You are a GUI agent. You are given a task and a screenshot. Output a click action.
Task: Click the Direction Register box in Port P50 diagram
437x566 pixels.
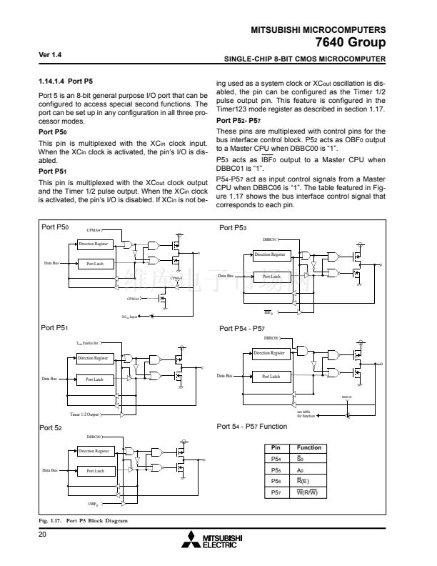92,244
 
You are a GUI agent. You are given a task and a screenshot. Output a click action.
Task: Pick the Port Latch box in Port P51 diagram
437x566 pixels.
95,379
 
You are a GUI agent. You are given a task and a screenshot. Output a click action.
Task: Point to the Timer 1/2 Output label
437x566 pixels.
84,414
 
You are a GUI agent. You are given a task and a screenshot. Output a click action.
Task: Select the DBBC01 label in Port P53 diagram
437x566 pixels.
271,239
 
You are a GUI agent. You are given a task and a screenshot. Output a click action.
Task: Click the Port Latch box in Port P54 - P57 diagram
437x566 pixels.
271,376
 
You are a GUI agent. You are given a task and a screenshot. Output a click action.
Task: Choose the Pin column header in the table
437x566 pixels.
277,448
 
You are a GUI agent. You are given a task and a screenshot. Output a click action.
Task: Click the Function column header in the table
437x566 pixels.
309,448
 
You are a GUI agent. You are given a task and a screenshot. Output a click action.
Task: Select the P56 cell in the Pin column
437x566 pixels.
277,482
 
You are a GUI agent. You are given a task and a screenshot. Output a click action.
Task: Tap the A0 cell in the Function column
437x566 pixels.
309,470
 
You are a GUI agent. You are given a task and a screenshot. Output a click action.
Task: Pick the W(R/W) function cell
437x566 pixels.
309,492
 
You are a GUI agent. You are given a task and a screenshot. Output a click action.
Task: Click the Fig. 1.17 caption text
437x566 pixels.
83,521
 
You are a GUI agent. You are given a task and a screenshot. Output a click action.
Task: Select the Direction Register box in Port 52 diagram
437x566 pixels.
92,451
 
